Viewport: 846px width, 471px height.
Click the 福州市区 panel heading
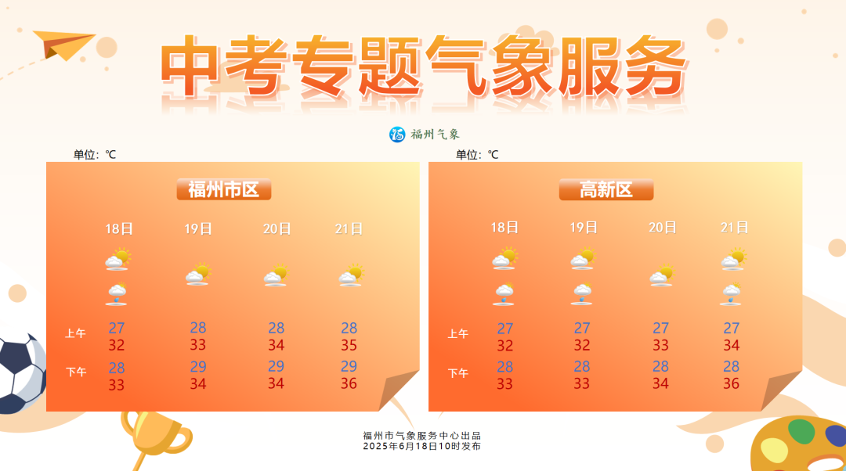(223, 189)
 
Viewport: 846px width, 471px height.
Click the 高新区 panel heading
(606, 189)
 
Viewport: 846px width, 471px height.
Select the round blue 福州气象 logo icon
(397, 135)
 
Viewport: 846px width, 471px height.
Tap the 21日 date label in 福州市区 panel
(349, 229)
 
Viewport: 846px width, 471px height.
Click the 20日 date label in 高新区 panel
(662, 228)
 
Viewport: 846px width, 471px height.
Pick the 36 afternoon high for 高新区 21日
(731, 383)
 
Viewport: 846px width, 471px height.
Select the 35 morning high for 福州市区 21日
(349, 346)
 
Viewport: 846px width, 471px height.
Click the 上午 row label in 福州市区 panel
(75, 333)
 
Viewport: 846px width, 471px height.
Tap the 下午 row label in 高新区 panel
(457, 373)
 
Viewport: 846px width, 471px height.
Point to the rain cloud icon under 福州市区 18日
(117, 294)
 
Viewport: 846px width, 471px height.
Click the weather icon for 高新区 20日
(662, 275)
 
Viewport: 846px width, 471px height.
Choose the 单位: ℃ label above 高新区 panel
(477, 155)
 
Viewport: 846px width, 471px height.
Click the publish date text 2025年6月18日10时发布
(421, 446)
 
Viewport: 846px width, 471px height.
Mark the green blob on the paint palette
(801, 431)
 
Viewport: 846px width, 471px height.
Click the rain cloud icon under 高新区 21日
(731, 294)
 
